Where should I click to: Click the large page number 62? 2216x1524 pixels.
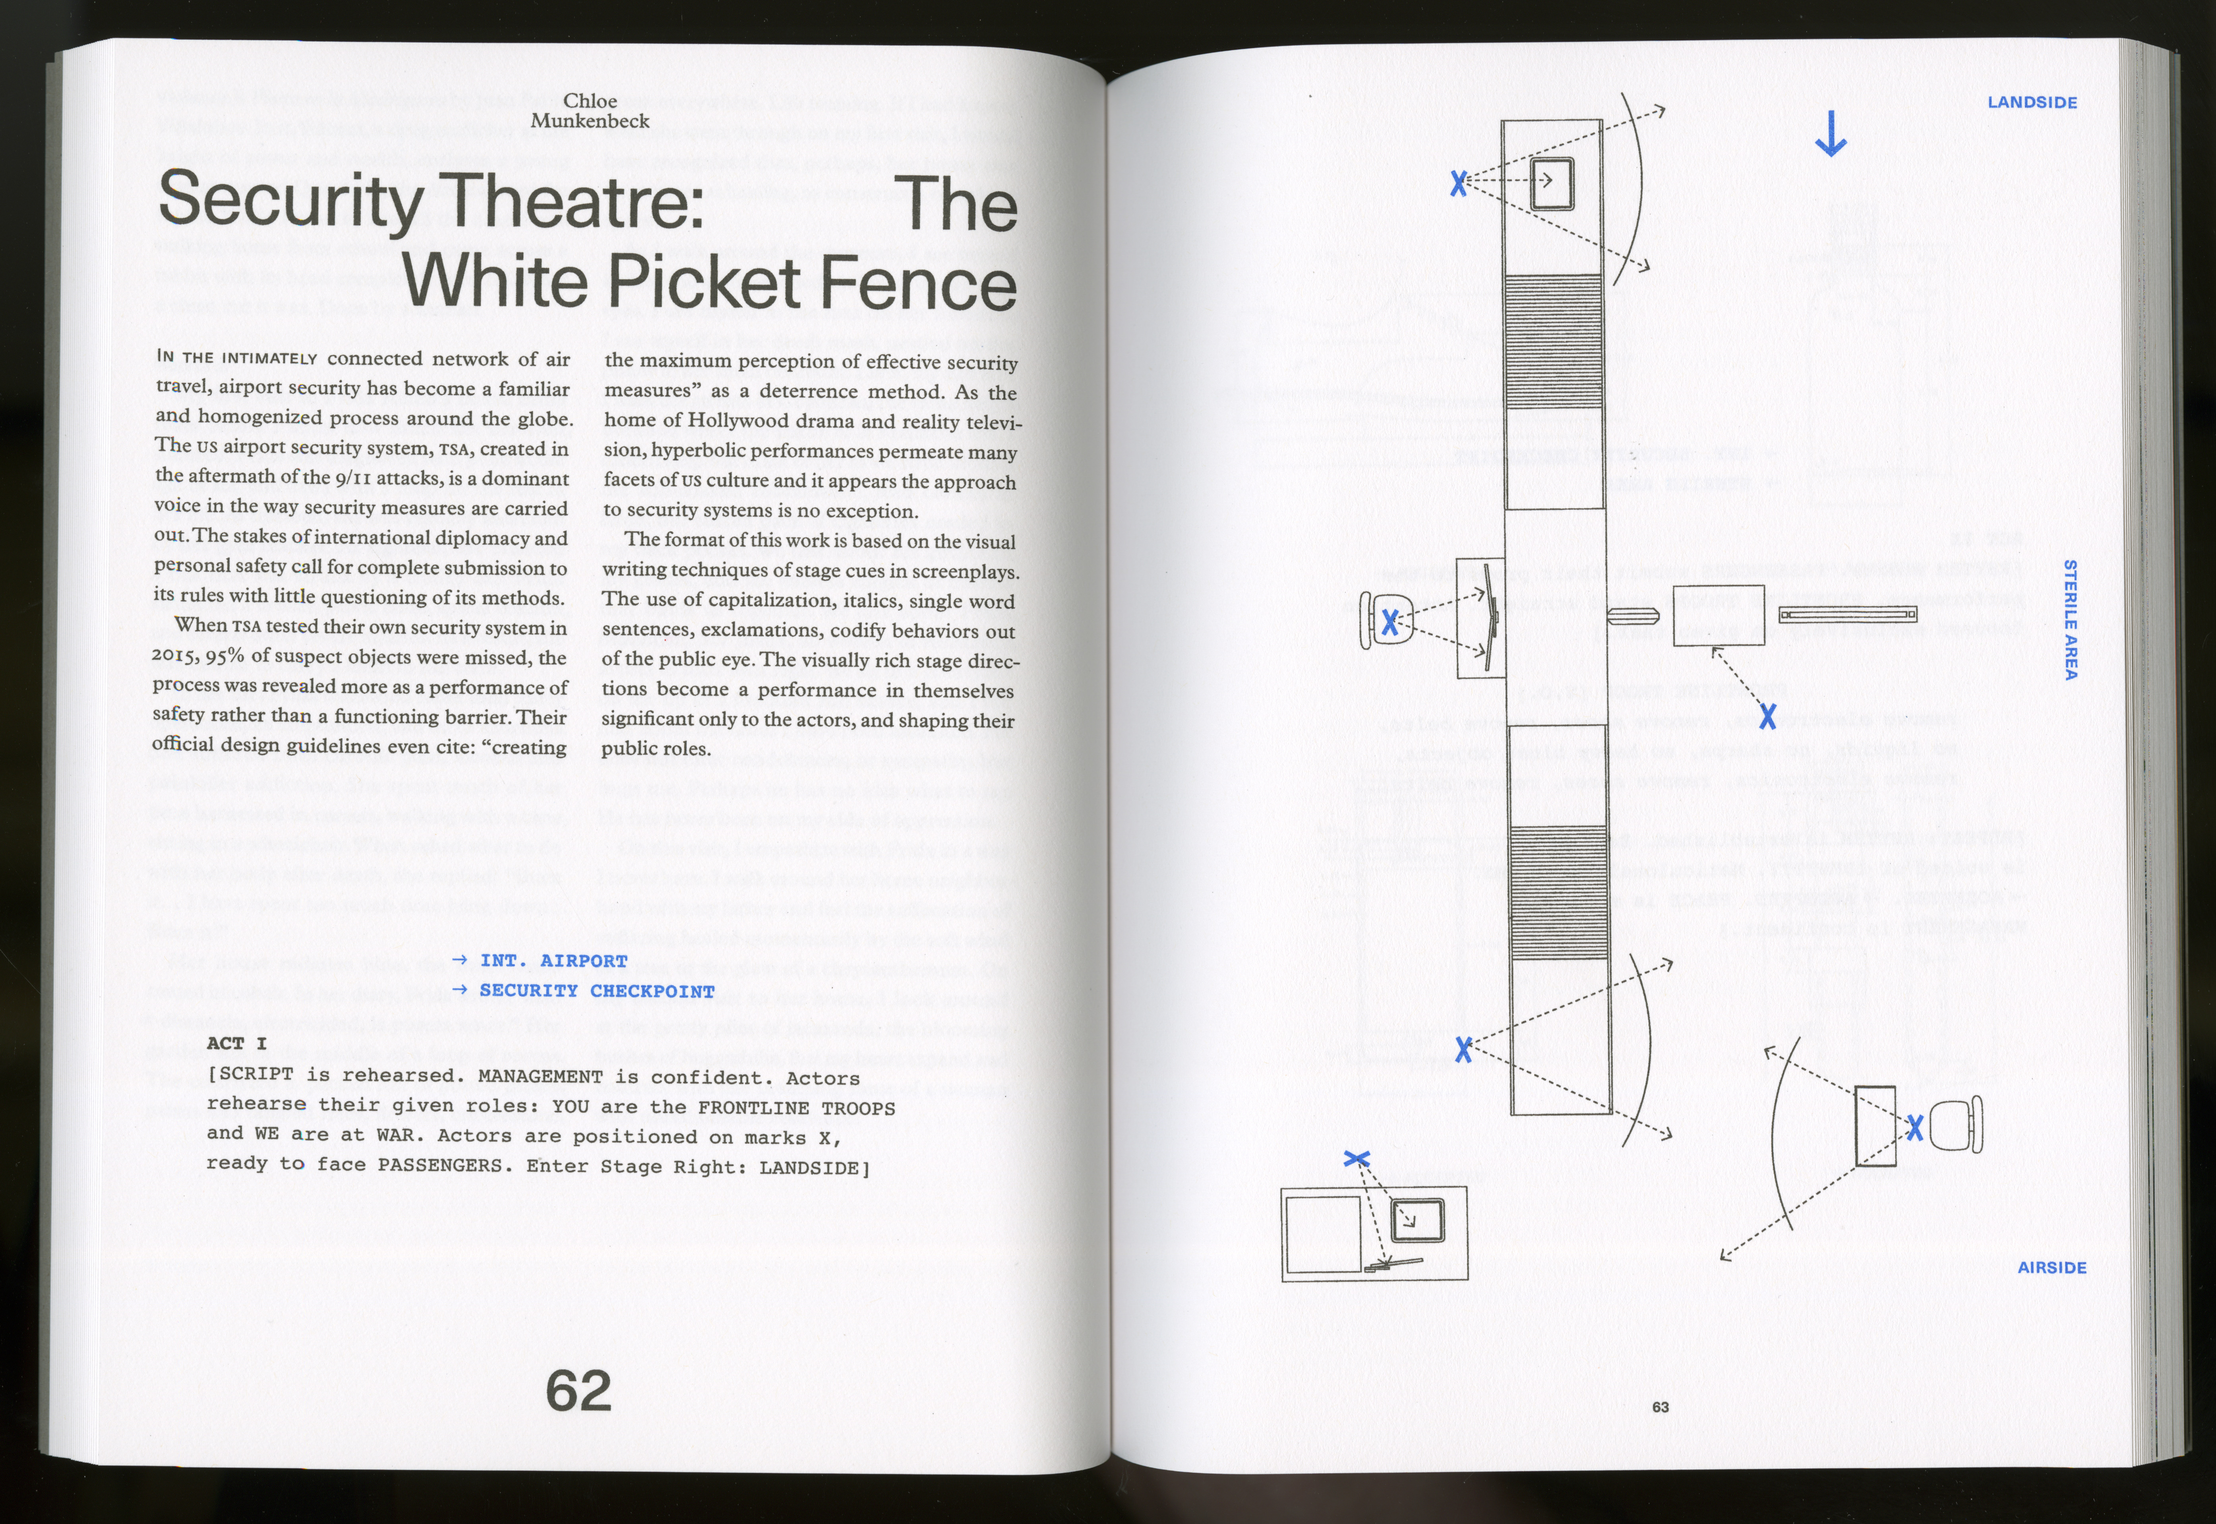click(x=579, y=1390)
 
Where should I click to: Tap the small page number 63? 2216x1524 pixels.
click(x=1661, y=1406)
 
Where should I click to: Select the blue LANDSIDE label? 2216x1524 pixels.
click(x=2032, y=102)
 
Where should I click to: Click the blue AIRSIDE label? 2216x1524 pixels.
click(x=2052, y=1267)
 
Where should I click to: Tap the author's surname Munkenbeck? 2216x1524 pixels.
click(x=590, y=121)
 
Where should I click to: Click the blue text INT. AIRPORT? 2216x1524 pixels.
click(x=554, y=960)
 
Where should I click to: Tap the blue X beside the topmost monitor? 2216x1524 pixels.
click(x=1458, y=183)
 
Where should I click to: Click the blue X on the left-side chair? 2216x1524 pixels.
click(x=1390, y=623)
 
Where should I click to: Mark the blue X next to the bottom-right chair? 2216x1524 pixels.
click(x=1914, y=1128)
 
